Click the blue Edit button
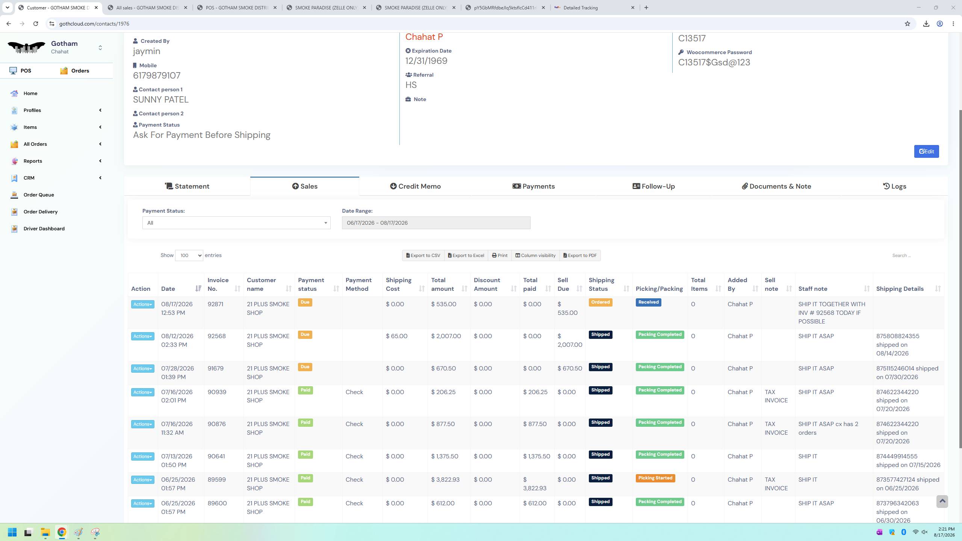926,151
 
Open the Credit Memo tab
415,186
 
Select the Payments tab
534,186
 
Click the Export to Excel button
466,255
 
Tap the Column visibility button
535,255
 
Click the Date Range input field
436,223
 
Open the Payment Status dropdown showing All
236,223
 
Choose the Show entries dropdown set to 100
189,255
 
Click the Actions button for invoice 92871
142,304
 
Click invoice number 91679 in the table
215,369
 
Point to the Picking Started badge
655,478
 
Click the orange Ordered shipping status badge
600,302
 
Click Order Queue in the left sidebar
39,195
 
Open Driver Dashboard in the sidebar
44,228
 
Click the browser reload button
36,24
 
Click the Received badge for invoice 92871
648,302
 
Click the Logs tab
894,186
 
